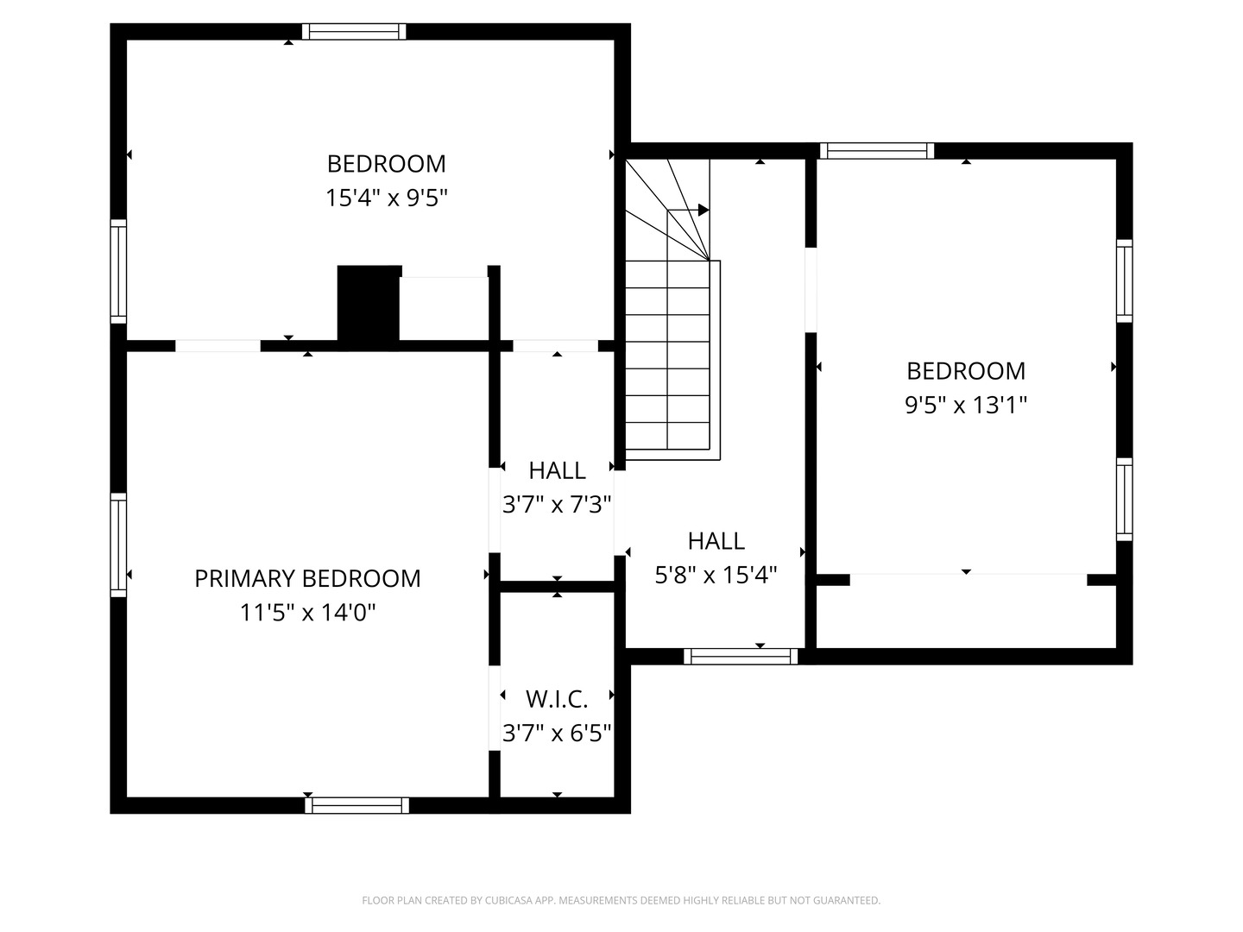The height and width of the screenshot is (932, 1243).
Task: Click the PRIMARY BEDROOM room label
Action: click(307, 578)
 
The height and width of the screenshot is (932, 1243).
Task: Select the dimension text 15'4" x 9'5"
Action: click(386, 198)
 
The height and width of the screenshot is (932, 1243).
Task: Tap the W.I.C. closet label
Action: click(557, 698)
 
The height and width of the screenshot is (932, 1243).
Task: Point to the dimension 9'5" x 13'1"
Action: click(966, 405)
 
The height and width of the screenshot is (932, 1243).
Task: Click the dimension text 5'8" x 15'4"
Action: click(716, 575)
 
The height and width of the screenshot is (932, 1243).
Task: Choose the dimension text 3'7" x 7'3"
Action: click(557, 505)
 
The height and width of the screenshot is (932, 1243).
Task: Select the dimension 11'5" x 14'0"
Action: click(307, 613)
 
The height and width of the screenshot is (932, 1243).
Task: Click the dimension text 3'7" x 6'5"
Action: click(557, 733)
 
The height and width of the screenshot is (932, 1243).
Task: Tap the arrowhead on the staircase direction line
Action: click(704, 210)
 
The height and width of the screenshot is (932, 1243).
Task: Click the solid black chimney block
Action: click(369, 304)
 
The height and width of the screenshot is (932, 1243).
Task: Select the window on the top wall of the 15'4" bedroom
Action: click(354, 32)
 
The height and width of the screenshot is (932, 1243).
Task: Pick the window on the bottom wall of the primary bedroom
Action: click(357, 805)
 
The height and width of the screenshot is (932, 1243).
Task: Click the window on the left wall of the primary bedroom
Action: click(118, 545)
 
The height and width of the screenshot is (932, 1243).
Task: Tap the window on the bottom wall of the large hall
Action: click(741, 657)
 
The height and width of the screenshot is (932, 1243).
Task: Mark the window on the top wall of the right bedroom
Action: click(877, 151)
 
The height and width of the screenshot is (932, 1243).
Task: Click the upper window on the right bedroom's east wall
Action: click(1124, 280)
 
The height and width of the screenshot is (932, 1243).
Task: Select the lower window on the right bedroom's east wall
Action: click(1124, 500)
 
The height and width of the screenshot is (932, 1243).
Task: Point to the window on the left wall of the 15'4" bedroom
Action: click(118, 271)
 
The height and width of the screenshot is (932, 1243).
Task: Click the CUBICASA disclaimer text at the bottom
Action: click(621, 900)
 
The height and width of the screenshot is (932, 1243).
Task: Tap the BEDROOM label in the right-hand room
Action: click(966, 371)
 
